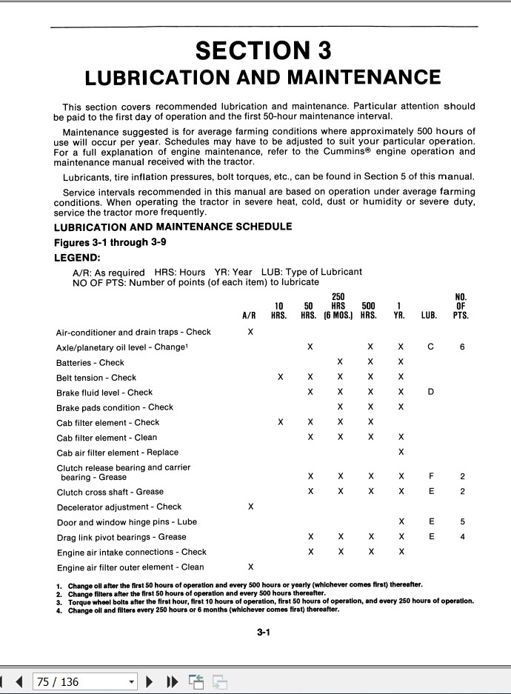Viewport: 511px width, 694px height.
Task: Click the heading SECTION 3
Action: click(263, 50)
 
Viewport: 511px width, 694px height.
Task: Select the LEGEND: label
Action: click(77, 258)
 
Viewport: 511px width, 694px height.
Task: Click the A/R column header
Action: click(250, 315)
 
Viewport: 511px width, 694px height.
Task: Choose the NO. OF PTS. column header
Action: click(461, 306)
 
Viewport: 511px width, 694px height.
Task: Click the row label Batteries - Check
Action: click(90, 363)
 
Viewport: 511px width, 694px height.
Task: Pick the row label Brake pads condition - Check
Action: click(115, 407)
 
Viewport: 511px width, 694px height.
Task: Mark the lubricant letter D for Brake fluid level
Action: click(430, 393)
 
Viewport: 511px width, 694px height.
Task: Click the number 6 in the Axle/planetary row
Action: click(462, 347)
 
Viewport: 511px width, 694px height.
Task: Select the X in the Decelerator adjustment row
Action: click(250, 507)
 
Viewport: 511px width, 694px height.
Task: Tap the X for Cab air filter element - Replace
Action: click(401, 452)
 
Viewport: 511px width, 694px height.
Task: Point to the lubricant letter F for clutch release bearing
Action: click(430, 476)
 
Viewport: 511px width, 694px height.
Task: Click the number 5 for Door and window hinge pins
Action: click(462, 521)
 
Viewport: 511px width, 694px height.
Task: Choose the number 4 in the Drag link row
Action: click(462, 537)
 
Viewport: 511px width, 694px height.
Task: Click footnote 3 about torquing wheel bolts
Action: click(267, 601)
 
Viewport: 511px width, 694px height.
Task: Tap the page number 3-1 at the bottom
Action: click(264, 633)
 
